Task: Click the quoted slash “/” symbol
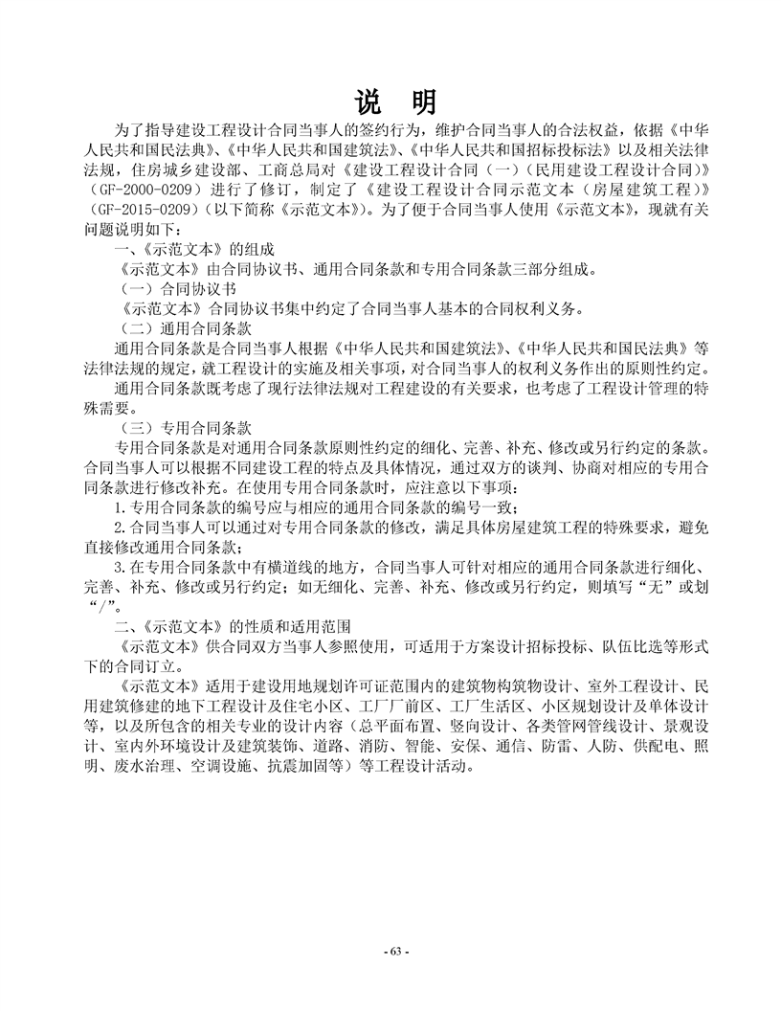coord(100,605)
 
